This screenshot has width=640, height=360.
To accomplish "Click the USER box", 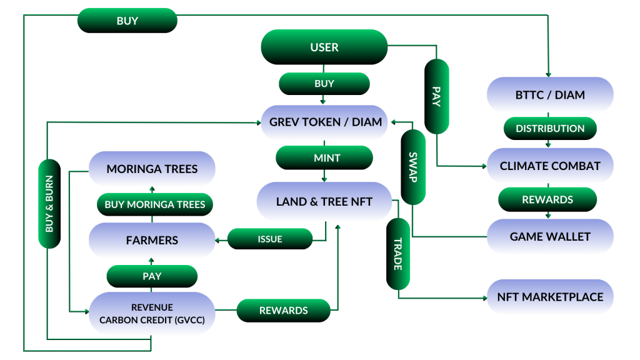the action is pos(324,47).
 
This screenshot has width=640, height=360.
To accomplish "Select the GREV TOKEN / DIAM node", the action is pos(324,122).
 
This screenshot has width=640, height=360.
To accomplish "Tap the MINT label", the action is pos(324,157).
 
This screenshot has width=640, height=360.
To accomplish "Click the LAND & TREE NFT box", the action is pos(324,201).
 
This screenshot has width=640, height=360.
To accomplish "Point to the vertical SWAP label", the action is pos(413,167).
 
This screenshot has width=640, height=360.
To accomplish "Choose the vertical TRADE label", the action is pos(398,254).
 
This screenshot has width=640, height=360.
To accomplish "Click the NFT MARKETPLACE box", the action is pos(550,297).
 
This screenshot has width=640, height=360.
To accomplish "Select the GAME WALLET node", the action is pos(550,236).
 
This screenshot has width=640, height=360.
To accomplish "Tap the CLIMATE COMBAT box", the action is pos(550,166).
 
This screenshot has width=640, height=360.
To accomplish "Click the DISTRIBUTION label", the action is pos(550,129).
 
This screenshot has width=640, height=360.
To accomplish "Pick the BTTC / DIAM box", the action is pos(550,95).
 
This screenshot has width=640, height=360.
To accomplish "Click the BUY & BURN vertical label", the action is pos(49,204).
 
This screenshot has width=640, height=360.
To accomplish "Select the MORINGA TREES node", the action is pos(152,169).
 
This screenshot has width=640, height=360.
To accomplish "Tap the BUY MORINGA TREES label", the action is pos(155,204).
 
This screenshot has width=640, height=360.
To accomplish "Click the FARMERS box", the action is pos(152,240).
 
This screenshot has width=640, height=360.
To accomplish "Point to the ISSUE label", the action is pos(270,239).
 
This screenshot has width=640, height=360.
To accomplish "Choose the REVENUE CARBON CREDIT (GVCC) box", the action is pos(152,314).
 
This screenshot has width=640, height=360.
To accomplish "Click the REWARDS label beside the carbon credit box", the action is pos(283,311).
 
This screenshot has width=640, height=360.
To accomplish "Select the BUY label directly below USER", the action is pos(324,84).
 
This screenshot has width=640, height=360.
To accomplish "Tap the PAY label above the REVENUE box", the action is pos(152,276).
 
